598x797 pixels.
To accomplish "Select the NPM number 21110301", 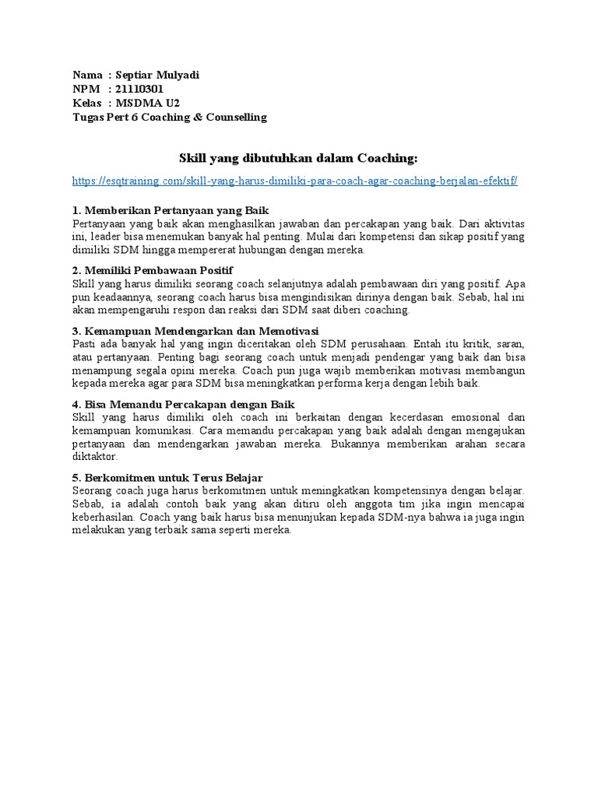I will [141, 90].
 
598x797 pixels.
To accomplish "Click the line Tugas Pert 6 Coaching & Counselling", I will [170, 118].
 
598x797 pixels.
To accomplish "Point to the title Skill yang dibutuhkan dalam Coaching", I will [298, 159].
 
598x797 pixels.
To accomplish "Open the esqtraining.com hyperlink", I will [295, 181].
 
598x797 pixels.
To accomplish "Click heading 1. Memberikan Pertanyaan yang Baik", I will [170, 211].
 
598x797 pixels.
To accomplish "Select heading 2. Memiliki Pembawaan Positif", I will [153, 270].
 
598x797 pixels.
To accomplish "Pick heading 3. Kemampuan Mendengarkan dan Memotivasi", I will [195, 330].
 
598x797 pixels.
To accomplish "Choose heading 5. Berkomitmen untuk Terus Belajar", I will [167, 477].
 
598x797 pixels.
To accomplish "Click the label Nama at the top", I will [87, 75].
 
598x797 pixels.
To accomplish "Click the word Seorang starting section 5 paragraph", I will [92, 490].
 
